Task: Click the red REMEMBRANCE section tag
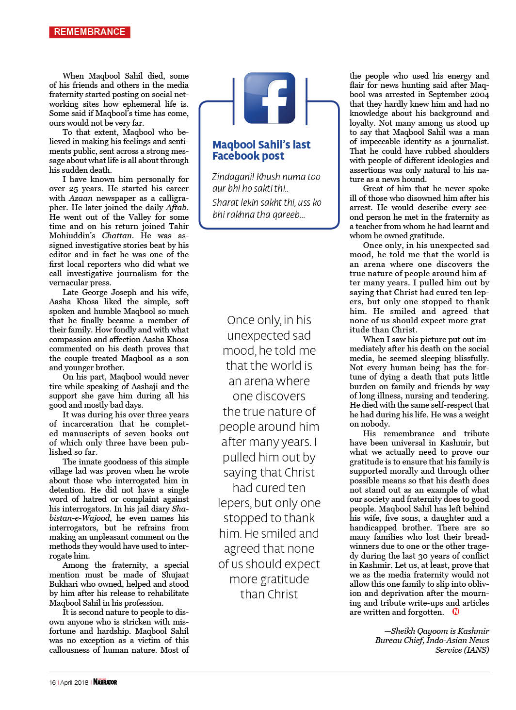tap(90, 32)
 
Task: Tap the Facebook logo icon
tap(269, 98)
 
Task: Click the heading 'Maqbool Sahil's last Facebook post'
tap(261, 150)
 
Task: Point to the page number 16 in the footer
tap(52, 682)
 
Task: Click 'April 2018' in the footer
tap(74, 682)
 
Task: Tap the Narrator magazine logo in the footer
tap(105, 682)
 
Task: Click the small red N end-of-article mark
tap(455, 611)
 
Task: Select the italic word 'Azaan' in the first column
tap(81, 198)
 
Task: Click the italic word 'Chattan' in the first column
tap(116, 236)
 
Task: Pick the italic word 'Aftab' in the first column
tap(177, 207)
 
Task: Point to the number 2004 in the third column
tap(480, 95)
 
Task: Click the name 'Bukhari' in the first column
tap(64, 584)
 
